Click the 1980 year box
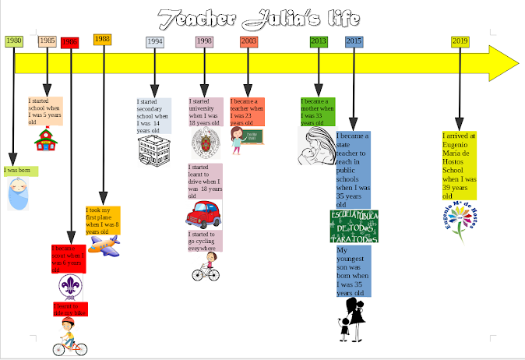[x=13, y=41]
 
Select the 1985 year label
[x=47, y=41]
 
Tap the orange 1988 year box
[x=102, y=39]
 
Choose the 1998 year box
[x=204, y=41]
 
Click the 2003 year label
[x=248, y=41]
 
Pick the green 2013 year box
[x=319, y=41]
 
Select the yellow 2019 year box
[x=460, y=41]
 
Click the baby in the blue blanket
[x=18, y=193]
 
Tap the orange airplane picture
[x=103, y=244]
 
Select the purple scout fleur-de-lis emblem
[x=70, y=287]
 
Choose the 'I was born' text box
[x=19, y=170]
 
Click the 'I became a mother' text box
[x=318, y=112]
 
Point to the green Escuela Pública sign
[x=354, y=227]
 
